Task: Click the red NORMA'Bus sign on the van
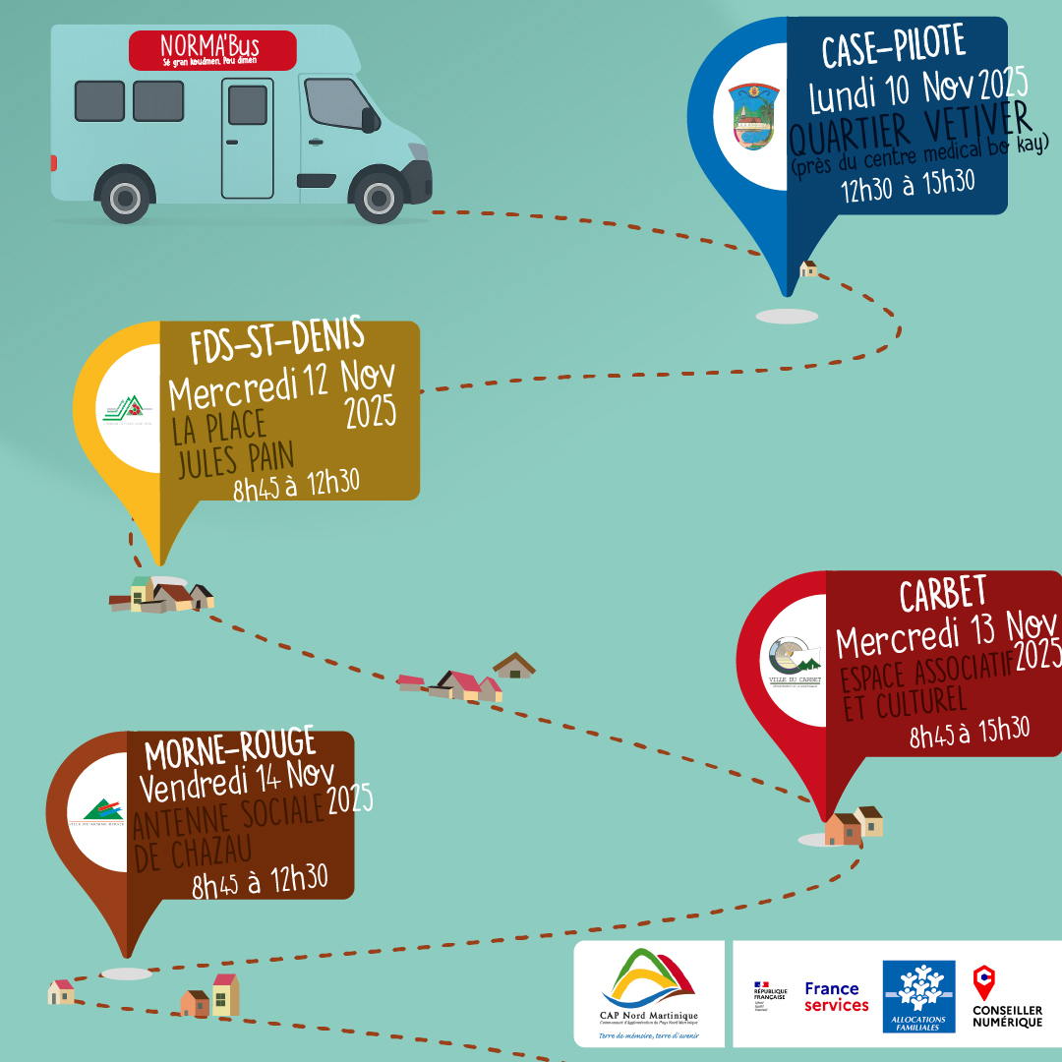tap(212, 50)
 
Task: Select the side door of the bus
tap(248, 138)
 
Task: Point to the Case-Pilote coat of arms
tap(754, 117)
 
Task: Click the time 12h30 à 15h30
tap(907, 184)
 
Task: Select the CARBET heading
tap(943, 596)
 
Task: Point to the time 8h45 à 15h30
tap(969, 732)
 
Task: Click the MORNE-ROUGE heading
tap(230, 751)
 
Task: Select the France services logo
tap(836, 996)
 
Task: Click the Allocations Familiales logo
tap(918, 995)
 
